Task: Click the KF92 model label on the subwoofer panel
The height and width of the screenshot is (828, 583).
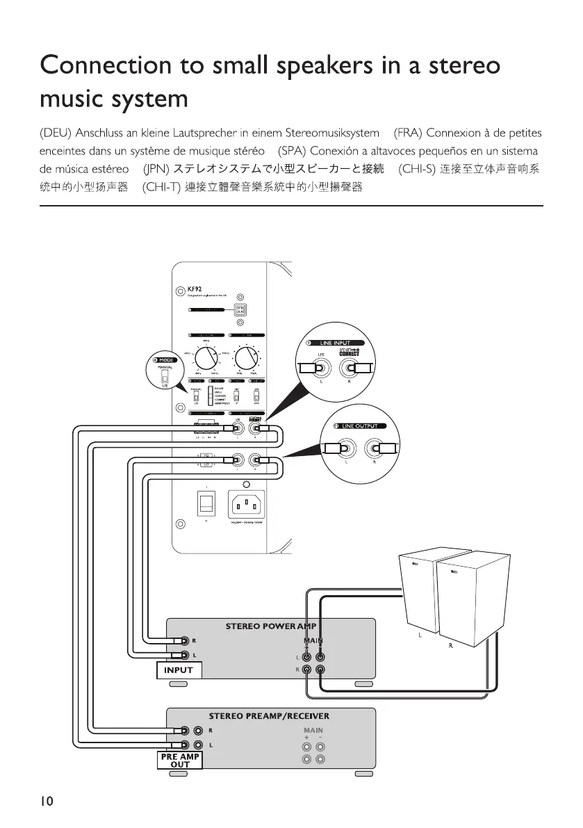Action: point(193,289)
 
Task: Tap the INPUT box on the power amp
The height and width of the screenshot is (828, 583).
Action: point(179,670)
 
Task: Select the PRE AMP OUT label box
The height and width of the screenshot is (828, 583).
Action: point(179,760)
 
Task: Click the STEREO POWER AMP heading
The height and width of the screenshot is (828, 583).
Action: point(270,626)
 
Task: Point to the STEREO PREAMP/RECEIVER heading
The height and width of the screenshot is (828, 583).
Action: point(269,715)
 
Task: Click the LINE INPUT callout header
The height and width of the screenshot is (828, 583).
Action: point(335,343)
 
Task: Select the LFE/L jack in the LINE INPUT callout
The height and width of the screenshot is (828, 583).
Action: point(320,369)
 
